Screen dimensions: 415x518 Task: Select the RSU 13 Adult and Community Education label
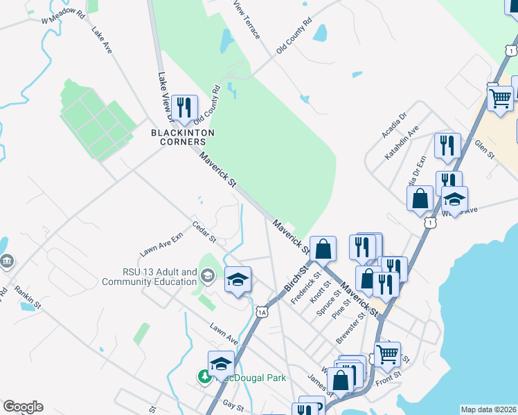coord(149,277)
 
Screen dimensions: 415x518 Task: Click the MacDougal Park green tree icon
coord(205,377)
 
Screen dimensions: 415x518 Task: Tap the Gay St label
coord(234,408)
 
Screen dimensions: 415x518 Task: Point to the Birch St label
coord(295,278)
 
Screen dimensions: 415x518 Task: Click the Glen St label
coord(484,149)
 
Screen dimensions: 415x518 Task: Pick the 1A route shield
coord(262,312)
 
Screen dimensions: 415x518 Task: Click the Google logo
coord(24,407)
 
